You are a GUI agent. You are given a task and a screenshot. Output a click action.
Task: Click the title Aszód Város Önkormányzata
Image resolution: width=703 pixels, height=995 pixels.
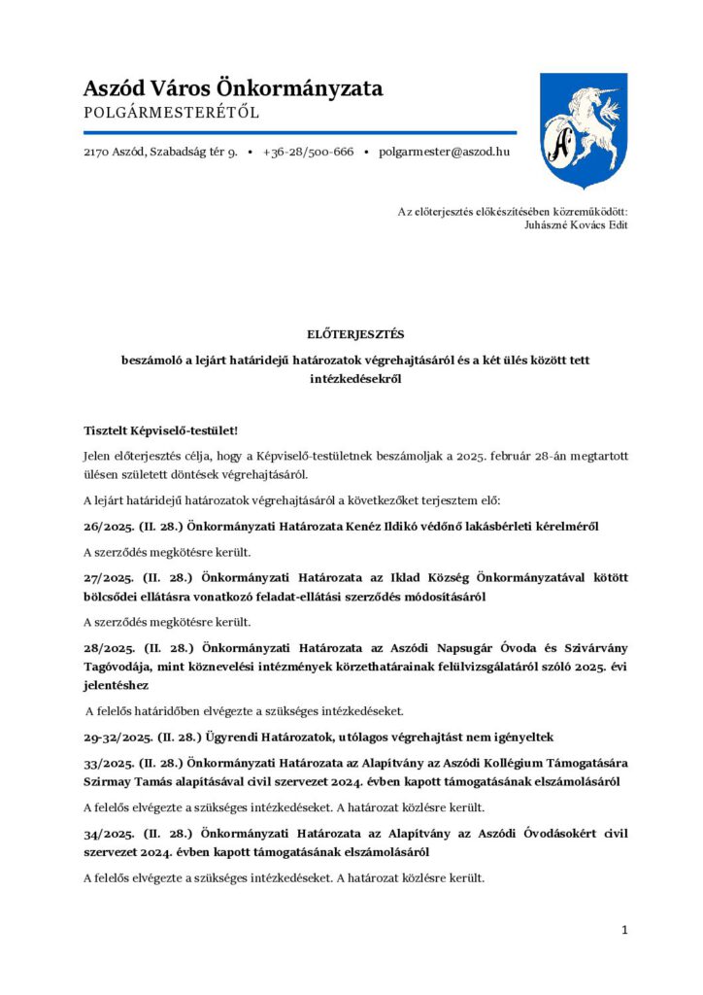coord(233,88)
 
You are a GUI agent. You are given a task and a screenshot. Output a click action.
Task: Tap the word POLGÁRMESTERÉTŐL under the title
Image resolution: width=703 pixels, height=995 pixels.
coord(172,113)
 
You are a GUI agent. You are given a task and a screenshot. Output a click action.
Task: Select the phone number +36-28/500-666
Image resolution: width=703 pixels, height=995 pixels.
coord(308,153)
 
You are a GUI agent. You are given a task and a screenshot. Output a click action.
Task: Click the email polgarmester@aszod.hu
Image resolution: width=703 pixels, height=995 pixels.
coord(444,153)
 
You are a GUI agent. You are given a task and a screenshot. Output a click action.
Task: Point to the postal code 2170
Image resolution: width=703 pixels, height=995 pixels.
coord(98,153)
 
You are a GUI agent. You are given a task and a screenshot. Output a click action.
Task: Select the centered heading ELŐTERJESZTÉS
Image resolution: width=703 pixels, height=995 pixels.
coord(355,334)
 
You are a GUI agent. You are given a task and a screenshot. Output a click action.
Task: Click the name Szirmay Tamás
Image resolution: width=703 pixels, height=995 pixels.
coord(127,781)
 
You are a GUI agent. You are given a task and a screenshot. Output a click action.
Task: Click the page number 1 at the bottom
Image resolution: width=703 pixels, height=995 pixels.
coord(624,930)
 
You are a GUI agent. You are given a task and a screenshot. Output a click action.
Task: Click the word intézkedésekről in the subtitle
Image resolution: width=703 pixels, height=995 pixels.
coord(355,380)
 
